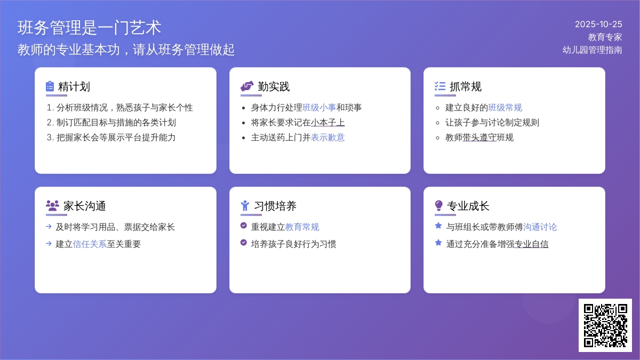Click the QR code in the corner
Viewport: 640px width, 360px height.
click(605, 325)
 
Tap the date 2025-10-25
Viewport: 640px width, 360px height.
click(598, 24)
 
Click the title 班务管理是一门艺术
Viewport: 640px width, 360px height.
click(89, 28)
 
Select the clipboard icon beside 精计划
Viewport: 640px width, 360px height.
click(50, 86)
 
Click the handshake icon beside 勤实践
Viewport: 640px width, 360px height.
click(246, 86)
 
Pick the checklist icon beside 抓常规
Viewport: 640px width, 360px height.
click(440, 86)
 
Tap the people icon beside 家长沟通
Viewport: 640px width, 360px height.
click(52, 206)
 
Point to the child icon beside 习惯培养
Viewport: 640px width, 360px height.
click(245, 206)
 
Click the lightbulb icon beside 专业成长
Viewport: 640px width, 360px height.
click(439, 206)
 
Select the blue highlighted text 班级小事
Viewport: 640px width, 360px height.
click(319, 108)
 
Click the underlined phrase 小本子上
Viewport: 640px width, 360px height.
click(327, 123)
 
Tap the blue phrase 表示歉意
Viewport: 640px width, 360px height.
click(327, 138)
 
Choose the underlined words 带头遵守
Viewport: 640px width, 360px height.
click(479, 138)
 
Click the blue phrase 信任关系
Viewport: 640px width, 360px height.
click(90, 244)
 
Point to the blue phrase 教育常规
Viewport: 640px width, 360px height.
click(302, 227)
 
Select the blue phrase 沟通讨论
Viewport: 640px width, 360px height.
click(540, 227)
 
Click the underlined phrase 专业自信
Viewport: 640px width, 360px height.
click(531, 244)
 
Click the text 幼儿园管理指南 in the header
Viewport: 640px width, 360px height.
click(592, 50)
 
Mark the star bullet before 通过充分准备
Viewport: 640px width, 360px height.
click(438, 243)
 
